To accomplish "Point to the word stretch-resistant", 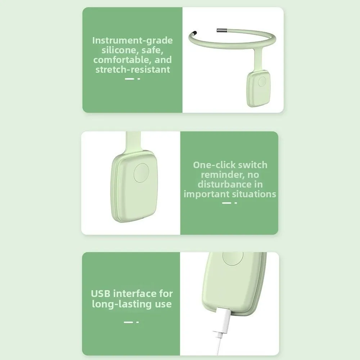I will (132, 69).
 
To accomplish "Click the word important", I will (205, 194).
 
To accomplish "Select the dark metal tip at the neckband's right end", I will (220, 31).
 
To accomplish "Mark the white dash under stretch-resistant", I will (130, 78).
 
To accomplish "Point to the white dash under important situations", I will (227, 203).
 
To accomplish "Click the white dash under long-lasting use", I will (129, 322).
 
